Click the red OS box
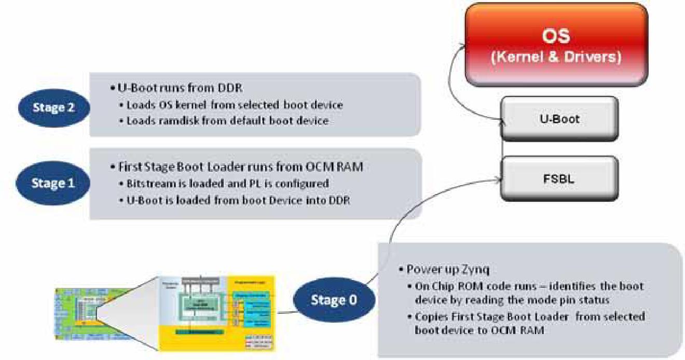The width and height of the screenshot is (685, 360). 556,45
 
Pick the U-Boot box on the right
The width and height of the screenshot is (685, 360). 559,119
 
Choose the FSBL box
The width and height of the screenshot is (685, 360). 559,178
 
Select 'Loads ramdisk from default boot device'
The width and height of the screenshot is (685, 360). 227,121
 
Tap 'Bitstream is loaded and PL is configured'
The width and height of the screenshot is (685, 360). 227,184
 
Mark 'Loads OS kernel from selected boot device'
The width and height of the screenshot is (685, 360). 235,105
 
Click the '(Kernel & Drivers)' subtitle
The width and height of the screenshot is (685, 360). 556,57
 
